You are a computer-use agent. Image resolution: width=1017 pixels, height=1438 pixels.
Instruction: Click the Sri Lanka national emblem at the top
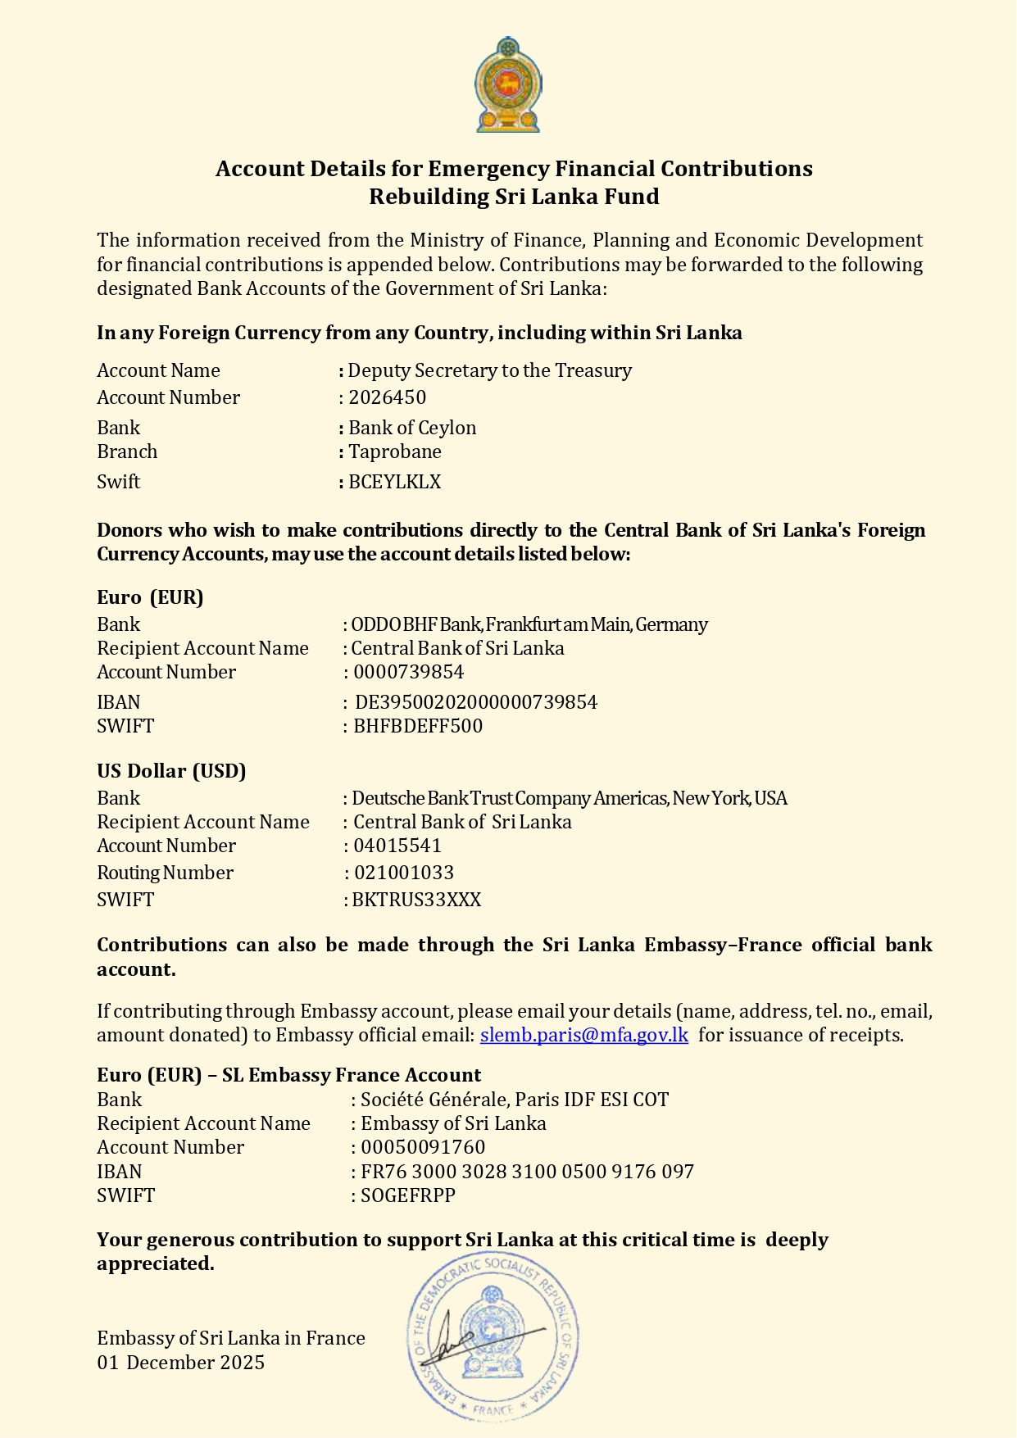(x=508, y=85)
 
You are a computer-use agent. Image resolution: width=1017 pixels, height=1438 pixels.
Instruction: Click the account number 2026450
(x=387, y=397)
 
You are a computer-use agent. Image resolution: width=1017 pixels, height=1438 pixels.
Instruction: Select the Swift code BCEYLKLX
(x=394, y=482)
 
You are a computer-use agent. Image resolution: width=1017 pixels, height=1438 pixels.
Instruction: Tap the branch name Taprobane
(x=394, y=451)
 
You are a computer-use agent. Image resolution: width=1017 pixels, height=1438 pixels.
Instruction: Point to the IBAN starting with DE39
(x=475, y=702)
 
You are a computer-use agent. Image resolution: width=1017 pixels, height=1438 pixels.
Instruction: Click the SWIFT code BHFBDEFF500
(x=417, y=726)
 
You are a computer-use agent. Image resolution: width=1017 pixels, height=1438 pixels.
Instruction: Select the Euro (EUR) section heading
(x=150, y=597)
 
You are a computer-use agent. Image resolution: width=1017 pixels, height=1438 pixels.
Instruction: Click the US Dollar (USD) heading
(x=171, y=771)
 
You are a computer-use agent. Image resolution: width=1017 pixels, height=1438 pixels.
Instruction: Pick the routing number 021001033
(x=403, y=873)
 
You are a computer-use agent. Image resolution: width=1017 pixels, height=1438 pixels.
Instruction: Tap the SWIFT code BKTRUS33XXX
(x=416, y=900)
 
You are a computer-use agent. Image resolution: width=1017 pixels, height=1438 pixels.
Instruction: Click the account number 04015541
(x=397, y=846)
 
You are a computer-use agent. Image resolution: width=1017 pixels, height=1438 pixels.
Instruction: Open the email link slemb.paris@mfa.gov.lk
(x=583, y=1035)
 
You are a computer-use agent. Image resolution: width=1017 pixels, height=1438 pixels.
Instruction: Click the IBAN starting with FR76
(x=527, y=1172)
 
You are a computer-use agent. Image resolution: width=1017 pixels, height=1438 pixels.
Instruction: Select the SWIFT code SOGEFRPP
(x=407, y=1195)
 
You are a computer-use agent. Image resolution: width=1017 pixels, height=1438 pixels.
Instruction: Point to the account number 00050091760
(x=423, y=1147)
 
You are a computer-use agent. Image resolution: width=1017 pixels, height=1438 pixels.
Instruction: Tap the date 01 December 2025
(x=180, y=1363)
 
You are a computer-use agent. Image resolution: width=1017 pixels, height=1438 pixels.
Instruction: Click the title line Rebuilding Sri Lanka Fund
(x=514, y=197)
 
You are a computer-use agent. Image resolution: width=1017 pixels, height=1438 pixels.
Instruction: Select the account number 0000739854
(x=408, y=672)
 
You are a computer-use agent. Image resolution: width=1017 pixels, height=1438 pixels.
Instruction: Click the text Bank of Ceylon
(x=411, y=428)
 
